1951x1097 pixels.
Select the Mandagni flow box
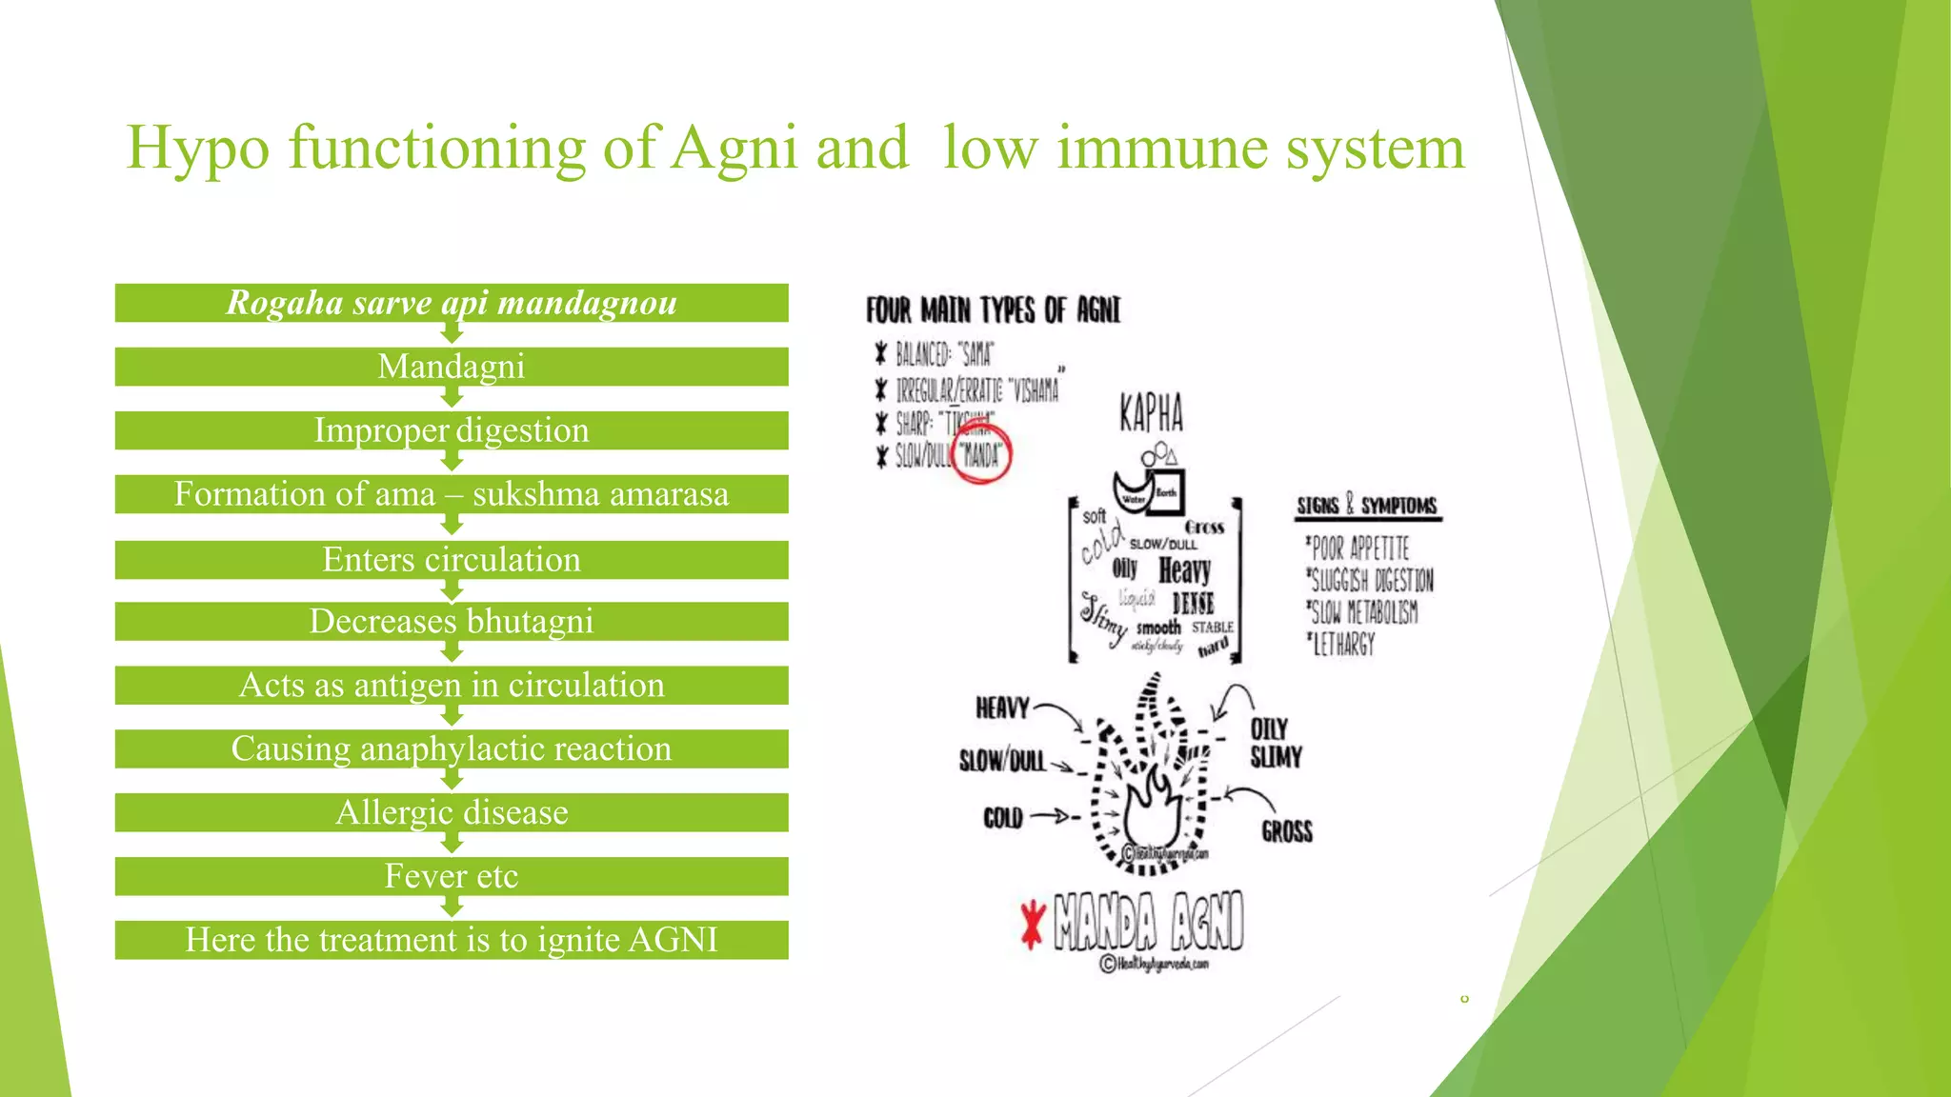452,367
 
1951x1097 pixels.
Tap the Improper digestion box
452,430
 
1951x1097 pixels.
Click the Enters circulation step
452,560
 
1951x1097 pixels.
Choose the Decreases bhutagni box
452,622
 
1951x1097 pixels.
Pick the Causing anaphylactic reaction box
452,749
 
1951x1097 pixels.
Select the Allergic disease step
452,813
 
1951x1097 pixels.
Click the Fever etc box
452,877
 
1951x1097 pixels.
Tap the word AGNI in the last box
673,941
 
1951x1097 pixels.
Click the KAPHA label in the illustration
1151,413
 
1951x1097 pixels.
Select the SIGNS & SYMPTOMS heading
1367,506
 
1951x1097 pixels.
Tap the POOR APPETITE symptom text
1358,548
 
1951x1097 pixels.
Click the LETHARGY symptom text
1342,646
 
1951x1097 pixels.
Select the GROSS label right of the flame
1287,831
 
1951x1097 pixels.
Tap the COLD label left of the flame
1003,818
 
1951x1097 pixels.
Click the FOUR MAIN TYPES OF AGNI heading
993,310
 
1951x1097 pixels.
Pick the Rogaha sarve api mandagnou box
452,303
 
